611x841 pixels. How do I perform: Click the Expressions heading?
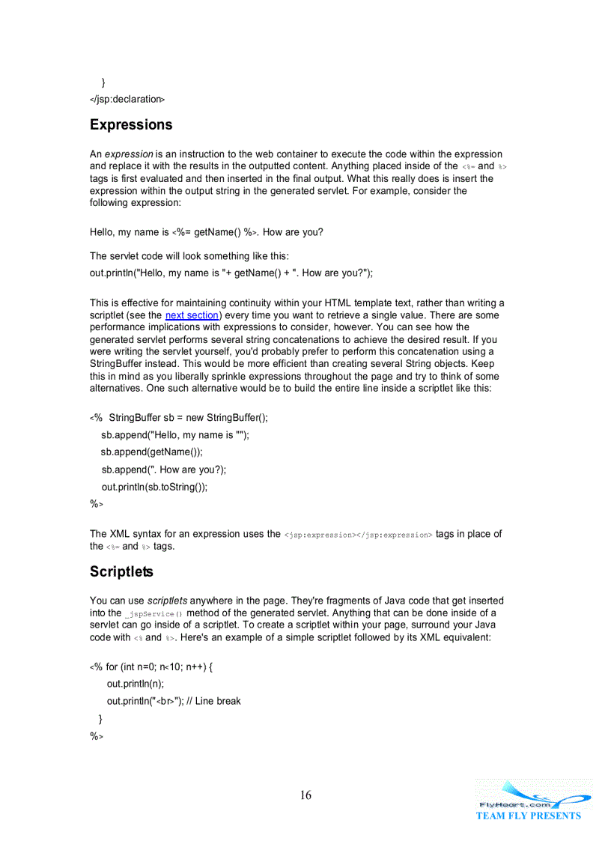(131, 125)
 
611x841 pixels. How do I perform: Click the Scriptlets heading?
(121, 572)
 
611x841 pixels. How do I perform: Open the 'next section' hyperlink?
(192, 315)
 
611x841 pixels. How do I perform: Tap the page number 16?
(305, 795)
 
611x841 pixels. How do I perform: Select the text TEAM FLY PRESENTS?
(528, 816)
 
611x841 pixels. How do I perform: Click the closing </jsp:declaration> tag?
(127, 99)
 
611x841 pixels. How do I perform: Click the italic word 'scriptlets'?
(167, 601)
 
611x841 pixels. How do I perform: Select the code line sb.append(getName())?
(152, 452)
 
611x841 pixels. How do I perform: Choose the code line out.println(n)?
(136, 684)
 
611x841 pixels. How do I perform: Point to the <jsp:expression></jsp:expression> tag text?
(358, 535)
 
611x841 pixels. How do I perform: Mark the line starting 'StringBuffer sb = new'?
(188, 418)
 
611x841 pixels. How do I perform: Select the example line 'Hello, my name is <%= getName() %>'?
(207, 232)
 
